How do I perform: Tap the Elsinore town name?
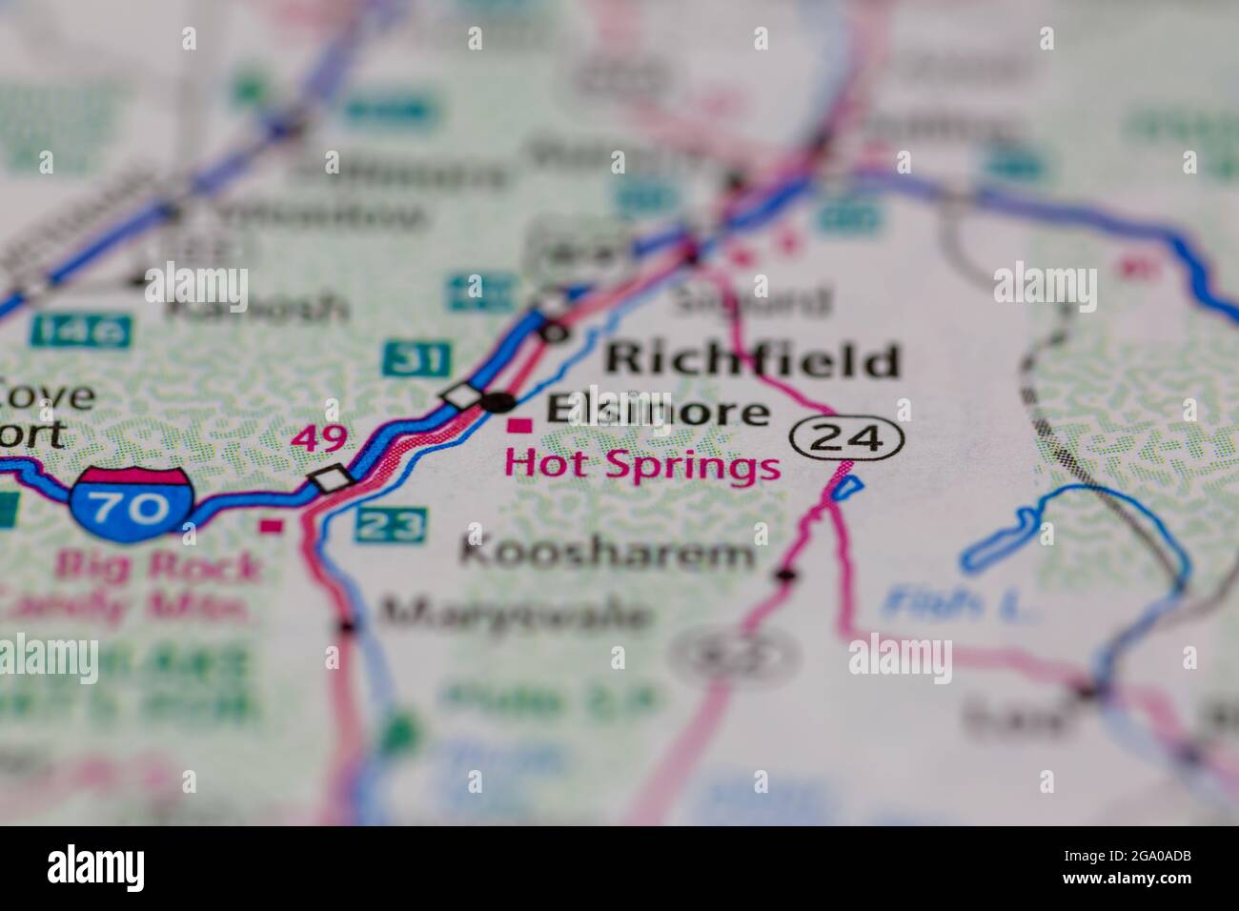point(657,411)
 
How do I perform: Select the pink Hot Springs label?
point(642,466)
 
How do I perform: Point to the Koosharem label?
point(608,553)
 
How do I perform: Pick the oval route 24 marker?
point(846,438)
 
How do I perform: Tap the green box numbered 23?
point(390,523)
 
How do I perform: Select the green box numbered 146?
point(80,331)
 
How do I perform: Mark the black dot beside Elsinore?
point(497,402)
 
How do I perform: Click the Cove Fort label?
point(38,415)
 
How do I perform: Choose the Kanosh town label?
point(257,308)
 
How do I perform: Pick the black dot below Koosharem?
point(785,575)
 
